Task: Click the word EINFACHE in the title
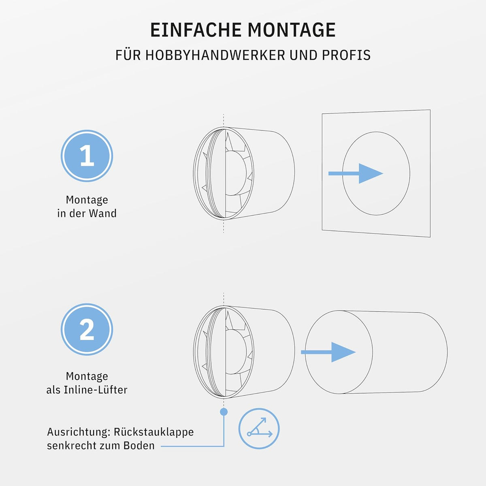pos(196,30)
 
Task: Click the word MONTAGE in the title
pos(292,30)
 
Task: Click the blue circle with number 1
pos(87,156)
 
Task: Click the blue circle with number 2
pos(87,329)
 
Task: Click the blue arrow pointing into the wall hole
pos(356,173)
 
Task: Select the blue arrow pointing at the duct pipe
pos(328,352)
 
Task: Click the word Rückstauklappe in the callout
pos(153,432)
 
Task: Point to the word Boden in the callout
pos(139,446)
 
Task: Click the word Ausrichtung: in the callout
pos(79,432)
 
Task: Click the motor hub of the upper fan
pos(236,173)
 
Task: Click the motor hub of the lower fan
pos(236,352)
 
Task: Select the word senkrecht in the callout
pos(72,446)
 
